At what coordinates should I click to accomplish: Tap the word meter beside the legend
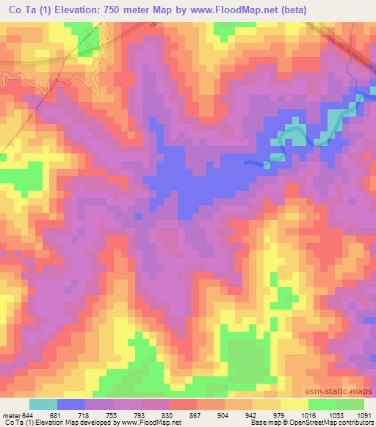[10, 415]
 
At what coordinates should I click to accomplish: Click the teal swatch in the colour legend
[43, 404]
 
